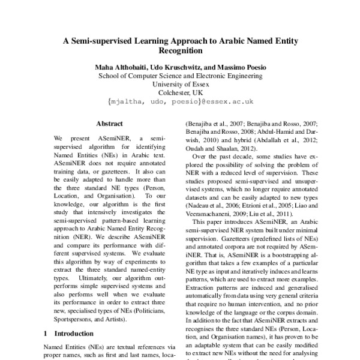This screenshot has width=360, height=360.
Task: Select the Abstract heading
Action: pyautogui.click(x=109, y=123)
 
